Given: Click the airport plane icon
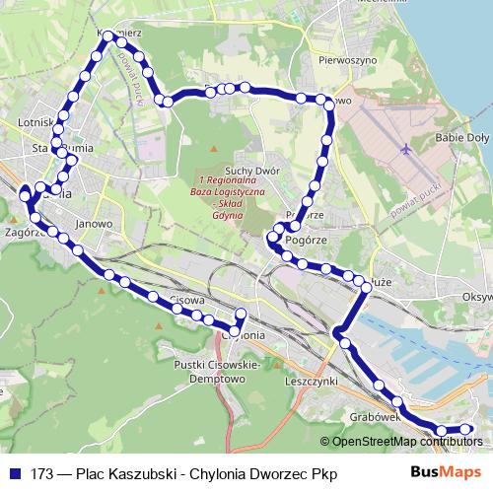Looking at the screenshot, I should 407,149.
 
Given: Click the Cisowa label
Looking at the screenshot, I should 186,299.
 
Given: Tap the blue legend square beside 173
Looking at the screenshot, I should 15,473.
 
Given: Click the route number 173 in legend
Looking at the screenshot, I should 42,473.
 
